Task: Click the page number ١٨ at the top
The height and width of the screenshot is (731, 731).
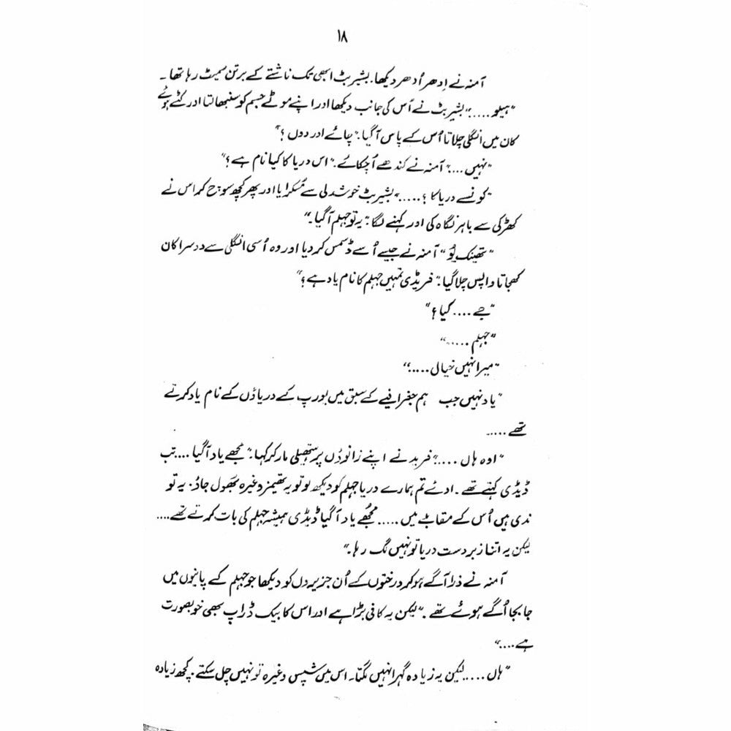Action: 363,38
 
